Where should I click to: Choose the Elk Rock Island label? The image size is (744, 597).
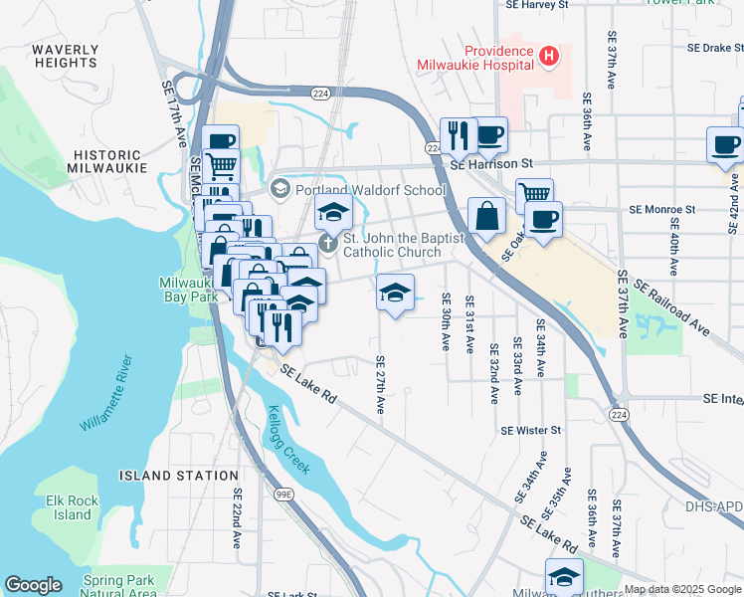click(x=73, y=507)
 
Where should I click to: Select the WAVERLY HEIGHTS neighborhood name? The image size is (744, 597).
click(x=65, y=56)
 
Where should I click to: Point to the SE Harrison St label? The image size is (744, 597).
click(x=491, y=163)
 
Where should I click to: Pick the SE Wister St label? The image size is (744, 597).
click(x=531, y=430)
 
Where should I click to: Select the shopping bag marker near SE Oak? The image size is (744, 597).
click(x=486, y=216)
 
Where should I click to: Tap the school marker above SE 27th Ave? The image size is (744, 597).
click(x=395, y=293)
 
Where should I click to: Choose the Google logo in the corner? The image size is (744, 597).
click(x=34, y=585)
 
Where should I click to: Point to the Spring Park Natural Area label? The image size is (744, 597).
click(x=118, y=586)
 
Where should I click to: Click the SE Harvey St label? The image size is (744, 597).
click(x=533, y=5)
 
